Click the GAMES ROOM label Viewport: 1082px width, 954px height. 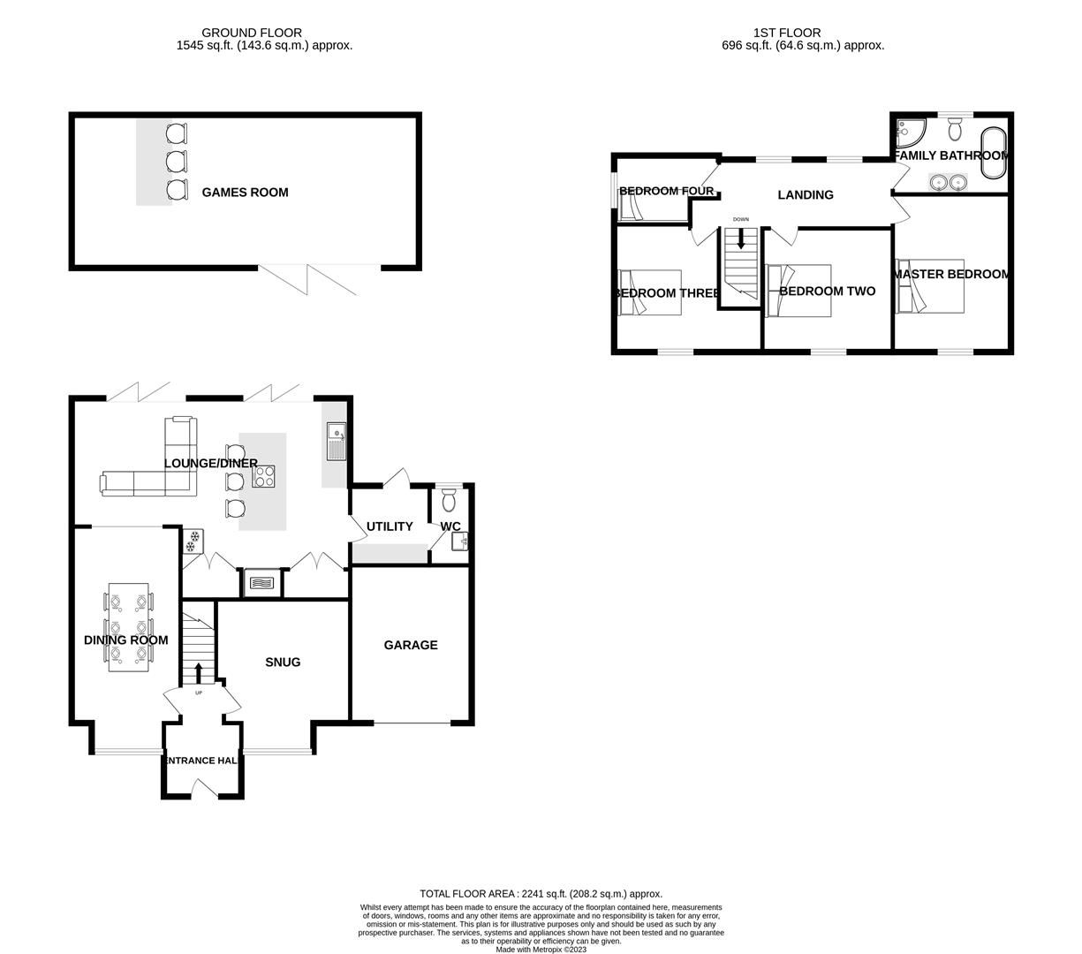pyautogui.click(x=245, y=193)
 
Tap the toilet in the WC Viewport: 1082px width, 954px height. pyautogui.click(x=448, y=501)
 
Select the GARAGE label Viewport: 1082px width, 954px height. pyautogui.click(x=410, y=645)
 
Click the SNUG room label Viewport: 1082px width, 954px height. pyautogui.click(x=283, y=662)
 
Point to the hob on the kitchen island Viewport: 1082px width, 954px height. pyautogui.click(x=264, y=477)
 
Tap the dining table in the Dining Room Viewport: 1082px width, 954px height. pyautogui.click(x=128, y=627)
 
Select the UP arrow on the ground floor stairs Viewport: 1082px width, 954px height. pyautogui.click(x=198, y=674)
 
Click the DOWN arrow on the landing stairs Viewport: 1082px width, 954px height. pyautogui.click(x=740, y=238)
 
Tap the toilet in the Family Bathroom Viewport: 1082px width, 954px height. pyautogui.click(x=955, y=131)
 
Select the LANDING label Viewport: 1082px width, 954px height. pyautogui.click(x=805, y=194)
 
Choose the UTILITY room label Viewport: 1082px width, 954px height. pyautogui.click(x=390, y=526)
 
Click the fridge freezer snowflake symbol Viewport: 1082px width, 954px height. pyautogui.click(x=192, y=541)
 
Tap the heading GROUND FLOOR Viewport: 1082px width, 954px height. pyautogui.click(x=252, y=33)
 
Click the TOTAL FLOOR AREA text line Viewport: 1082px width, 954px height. pyautogui.click(x=541, y=894)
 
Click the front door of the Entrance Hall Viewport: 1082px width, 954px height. pyautogui.click(x=203, y=788)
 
